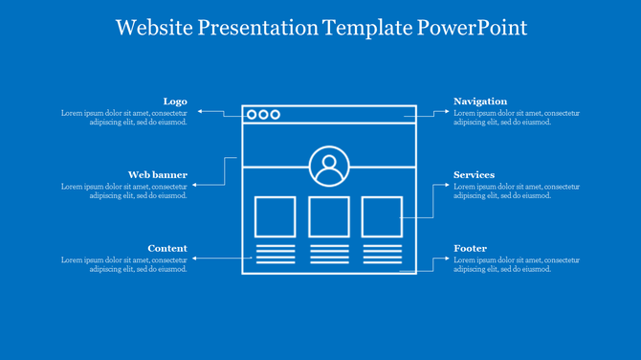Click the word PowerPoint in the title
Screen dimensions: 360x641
(x=472, y=28)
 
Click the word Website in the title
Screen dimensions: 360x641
(x=154, y=28)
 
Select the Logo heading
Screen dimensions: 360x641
(x=175, y=101)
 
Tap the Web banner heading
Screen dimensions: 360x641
(x=158, y=175)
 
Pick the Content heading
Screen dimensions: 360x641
(x=167, y=249)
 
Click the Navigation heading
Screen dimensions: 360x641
(x=480, y=101)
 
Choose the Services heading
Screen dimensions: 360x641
(x=474, y=175)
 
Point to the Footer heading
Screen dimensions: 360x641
(x=470, y=249)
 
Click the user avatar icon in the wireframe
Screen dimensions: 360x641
(x=329, y=167)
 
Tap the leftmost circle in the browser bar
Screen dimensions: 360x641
(x=252, y=115)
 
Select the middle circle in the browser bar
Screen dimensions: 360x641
(x=263, y=115)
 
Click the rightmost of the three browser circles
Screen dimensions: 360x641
(x=276, y=115)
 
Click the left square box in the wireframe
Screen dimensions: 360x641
(x=275, y=216)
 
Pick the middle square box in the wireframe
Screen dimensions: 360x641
(x=328, y=216)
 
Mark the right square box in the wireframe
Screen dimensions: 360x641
(x=382, y=216)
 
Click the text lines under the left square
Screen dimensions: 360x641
(x=275, y=254)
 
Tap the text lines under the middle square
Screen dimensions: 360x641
(x=328, y=254)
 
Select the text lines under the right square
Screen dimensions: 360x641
(x=382, y=254)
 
